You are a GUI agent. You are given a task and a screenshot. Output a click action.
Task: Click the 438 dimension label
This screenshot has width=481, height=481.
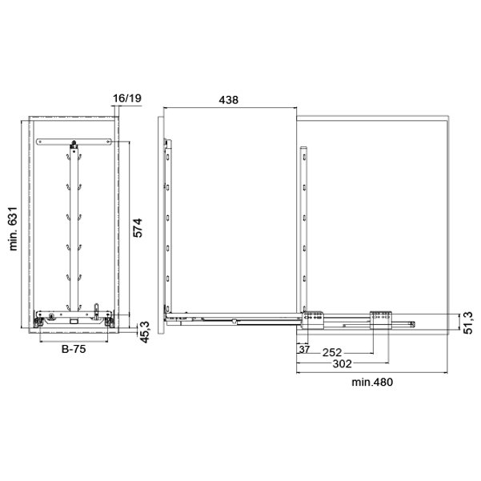228,100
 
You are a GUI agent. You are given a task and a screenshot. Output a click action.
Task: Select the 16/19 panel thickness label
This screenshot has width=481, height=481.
127,98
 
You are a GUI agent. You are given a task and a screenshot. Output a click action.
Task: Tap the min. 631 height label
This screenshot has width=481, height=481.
13,229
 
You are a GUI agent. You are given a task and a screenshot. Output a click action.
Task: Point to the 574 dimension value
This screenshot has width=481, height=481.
138,227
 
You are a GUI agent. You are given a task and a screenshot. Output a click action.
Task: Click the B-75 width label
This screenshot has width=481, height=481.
74,349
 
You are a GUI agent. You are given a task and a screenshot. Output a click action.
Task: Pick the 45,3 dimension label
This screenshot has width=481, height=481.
144,332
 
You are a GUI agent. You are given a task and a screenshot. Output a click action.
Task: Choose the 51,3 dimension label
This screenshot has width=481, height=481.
468,323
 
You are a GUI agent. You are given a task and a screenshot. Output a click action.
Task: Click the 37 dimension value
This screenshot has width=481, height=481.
304,349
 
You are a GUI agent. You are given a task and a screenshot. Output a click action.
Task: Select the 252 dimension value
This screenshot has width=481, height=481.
332,352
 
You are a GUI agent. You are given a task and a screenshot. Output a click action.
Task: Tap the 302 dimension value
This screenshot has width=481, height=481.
342,364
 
